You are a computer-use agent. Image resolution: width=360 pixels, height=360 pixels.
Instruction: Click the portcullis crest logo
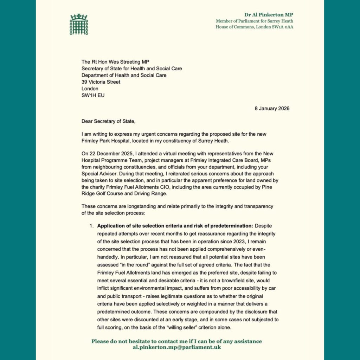(78, 24)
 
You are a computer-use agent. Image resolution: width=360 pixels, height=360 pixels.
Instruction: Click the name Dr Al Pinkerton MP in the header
(269, 15)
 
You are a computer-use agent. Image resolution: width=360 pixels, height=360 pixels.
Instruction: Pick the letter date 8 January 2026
(272, 108)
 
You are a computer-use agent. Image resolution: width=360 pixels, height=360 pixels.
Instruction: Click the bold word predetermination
(229, 225)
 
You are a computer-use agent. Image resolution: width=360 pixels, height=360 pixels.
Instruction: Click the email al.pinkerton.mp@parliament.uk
(176, 347)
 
